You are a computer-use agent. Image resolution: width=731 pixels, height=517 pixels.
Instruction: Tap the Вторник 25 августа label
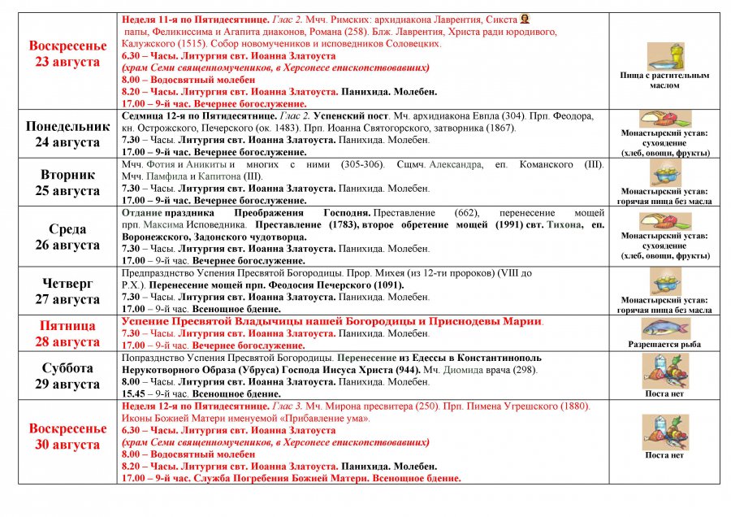tap(68, 182)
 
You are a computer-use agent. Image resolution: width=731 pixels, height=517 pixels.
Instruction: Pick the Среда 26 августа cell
tap(68, 236)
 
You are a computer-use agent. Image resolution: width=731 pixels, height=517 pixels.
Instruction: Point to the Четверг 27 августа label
tap(68, 291)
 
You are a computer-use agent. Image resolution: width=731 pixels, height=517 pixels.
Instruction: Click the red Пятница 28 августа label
tap(68, 333)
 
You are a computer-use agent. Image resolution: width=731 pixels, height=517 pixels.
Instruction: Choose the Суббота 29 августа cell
tap(68, 376)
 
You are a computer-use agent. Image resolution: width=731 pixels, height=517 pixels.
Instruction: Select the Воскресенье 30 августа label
tap(68, 437)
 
